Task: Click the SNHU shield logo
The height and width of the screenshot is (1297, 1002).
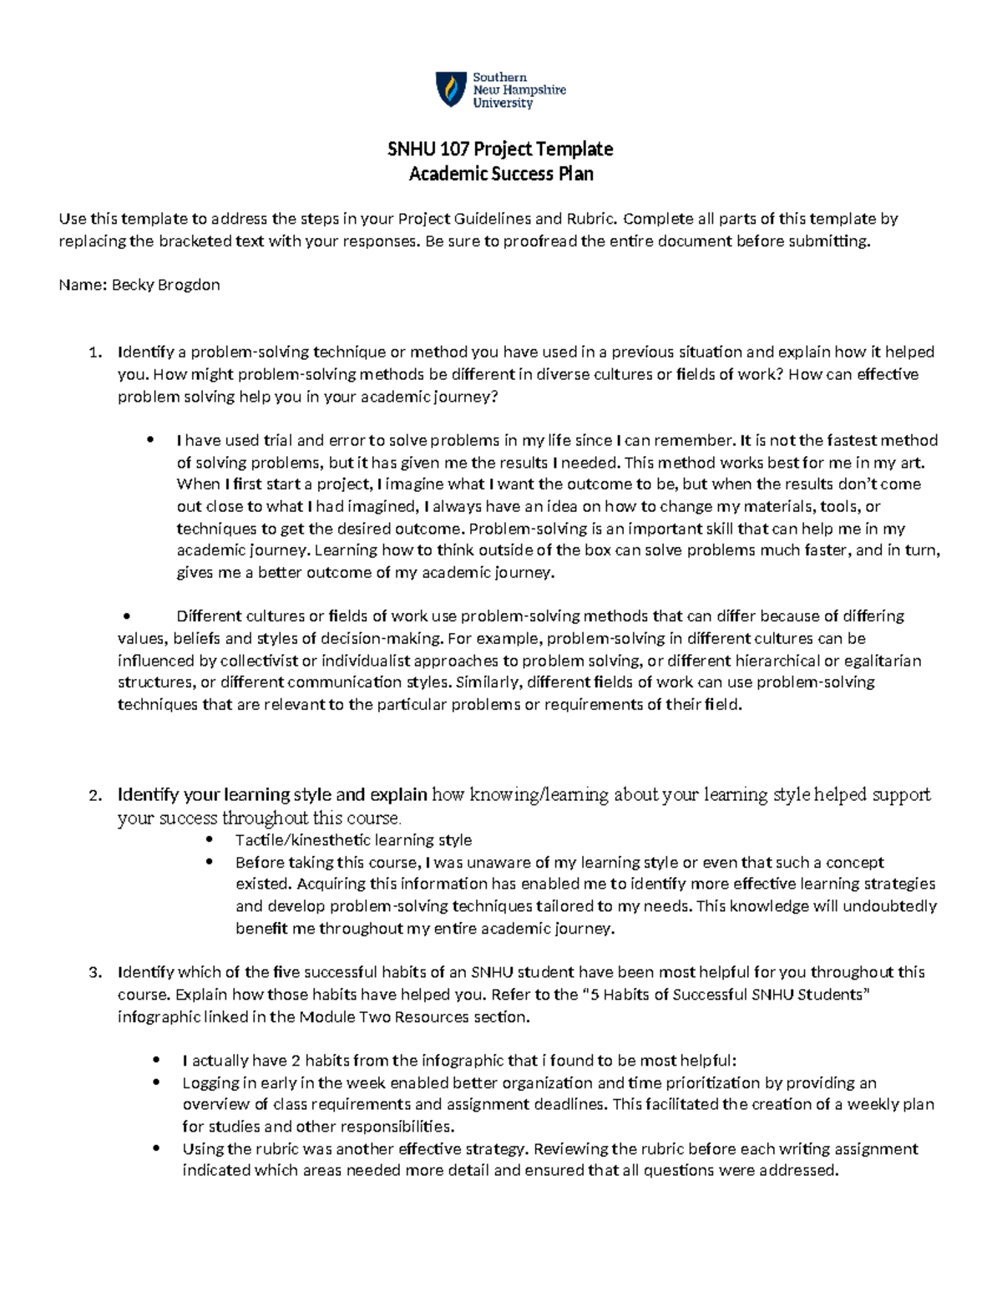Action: click(451, 89)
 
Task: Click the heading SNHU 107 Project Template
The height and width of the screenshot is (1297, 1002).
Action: click(500, 149)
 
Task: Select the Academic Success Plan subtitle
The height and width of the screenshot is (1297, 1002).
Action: click(500, 174)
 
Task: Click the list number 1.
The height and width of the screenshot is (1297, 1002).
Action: click(94, 352)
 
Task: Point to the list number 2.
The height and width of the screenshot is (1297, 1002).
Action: click(94, 795)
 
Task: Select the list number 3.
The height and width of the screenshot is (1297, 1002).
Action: click(94, 972)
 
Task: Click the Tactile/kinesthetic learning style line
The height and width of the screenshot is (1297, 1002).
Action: click(353, 840)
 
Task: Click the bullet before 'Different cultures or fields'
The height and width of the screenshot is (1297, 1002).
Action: click(126, 617)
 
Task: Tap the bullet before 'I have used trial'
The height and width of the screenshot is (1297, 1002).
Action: click(151, 441)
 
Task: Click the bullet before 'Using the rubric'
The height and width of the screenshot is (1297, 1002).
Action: click(157, 1149)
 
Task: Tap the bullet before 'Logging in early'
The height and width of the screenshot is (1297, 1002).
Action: click(157, 1083)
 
